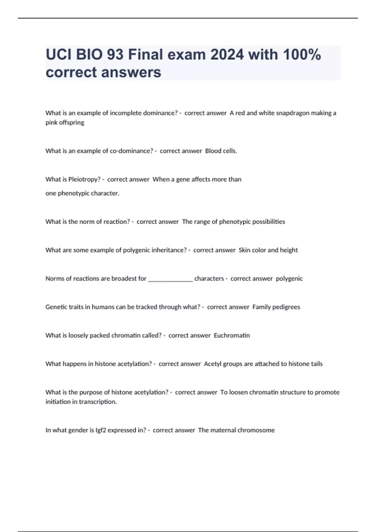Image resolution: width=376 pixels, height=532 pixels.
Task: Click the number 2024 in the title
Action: pos(227,54)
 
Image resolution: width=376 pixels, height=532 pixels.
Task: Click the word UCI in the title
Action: pos(58,54)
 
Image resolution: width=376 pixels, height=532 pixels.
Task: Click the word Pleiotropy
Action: pos(84,179)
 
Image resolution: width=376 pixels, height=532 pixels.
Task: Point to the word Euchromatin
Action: pos(232,335)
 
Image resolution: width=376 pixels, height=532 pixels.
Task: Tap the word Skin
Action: pos(244,250)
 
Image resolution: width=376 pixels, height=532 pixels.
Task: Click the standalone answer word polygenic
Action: pos(289,279)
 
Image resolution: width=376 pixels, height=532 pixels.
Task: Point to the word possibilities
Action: pos(269,222)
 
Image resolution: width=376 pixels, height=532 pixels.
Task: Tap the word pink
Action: pos(51,123)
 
